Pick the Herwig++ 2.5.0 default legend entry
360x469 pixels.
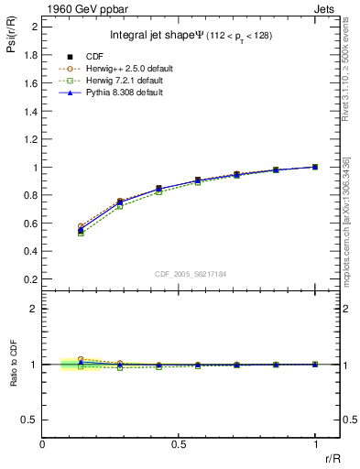click(118, 69)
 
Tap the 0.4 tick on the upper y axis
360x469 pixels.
click(31, 252)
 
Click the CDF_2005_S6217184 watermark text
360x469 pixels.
click(190, 273)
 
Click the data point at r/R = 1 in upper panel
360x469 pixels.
click(315, 167)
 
